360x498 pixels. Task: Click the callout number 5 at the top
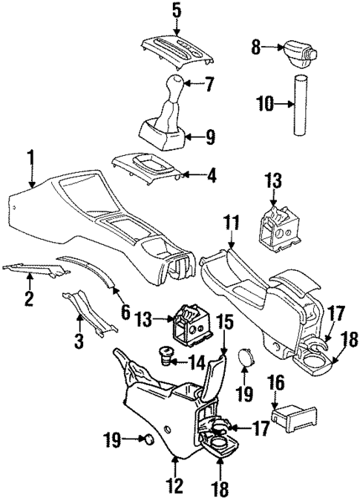point(176,11)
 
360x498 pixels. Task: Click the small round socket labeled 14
point(168,361)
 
